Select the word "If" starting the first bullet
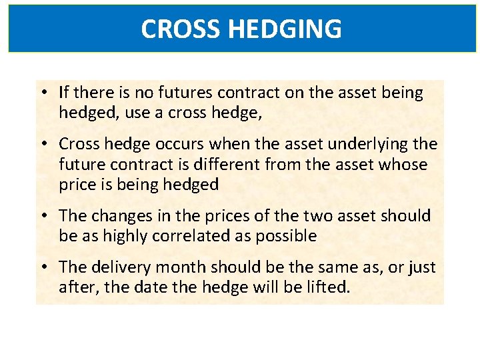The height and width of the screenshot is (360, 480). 63,92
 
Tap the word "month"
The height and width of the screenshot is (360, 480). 175,267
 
